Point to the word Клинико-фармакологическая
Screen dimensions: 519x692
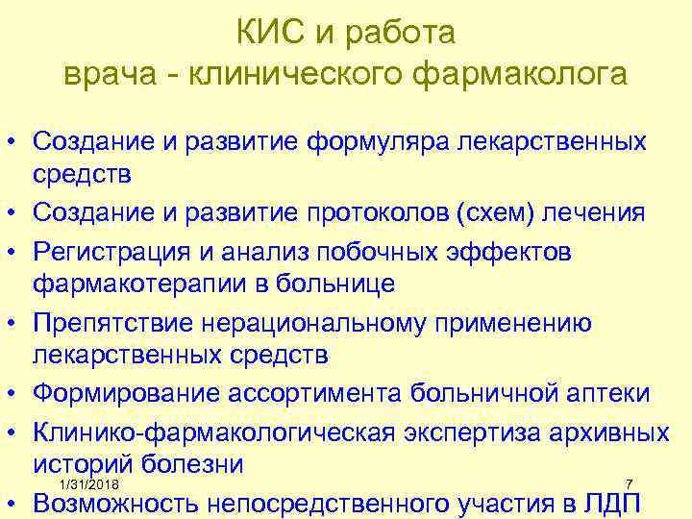click(213, 432)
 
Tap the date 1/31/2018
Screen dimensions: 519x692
click(88, 482)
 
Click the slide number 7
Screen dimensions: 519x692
click(628, 482)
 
